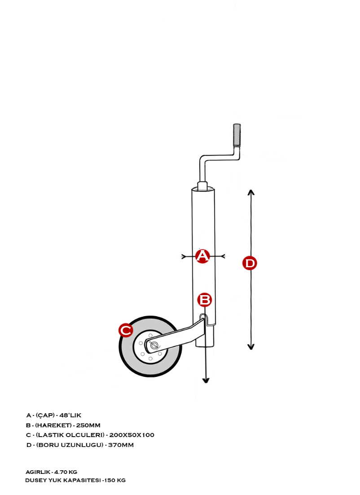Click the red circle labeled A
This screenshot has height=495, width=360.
coord(202,256)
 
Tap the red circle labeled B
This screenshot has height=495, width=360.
coord(204,300)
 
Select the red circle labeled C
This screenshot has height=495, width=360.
coord(126,330)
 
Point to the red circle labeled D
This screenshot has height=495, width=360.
coord(250,263)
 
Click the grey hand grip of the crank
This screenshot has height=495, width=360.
coord(237,135)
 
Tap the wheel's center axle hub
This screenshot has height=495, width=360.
coord(154,345)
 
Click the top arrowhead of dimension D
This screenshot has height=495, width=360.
coord(251,193)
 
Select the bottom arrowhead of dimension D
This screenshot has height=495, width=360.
coord(251,346)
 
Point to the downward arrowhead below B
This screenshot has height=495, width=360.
coord(206,380)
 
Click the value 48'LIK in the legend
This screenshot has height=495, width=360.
coord(70,415)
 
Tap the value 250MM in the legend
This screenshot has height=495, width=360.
coord(88,425)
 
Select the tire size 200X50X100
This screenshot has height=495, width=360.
coord(132,435)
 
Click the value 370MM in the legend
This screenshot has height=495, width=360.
coord(121,445)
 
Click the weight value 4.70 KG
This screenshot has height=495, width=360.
coord(66,472)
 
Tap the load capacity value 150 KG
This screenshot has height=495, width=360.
coord(115,480)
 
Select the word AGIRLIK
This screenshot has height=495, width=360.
coord(38,472)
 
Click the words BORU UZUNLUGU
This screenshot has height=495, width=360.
coord(70,445)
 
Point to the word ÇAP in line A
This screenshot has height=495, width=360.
coord(45,415)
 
